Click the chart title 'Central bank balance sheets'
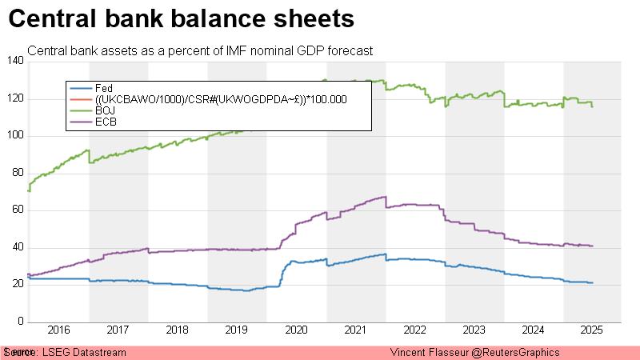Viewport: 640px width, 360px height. coord(182,18)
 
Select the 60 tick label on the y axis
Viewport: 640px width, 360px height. coord(18,211)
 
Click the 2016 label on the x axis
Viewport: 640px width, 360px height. coord(58,330)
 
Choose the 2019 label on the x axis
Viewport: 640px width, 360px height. coord(236,330)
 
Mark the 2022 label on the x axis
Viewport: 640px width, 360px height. coord(414,330)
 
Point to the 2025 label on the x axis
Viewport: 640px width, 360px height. coord(591,330)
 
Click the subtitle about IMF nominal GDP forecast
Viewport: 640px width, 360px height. coord(200,51)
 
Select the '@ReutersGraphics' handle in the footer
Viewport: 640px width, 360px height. coord(518,353)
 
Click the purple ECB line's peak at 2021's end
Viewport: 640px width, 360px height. coord(385,197)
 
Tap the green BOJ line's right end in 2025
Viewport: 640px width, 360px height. coord(592,106)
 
